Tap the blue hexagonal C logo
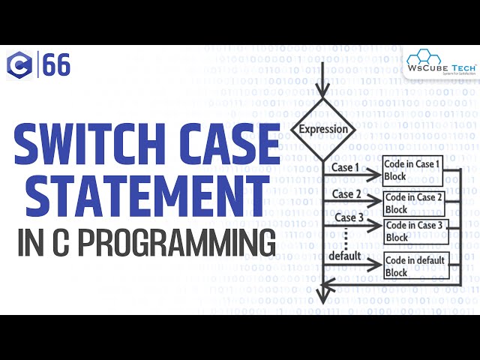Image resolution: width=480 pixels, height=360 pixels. coord(19,66)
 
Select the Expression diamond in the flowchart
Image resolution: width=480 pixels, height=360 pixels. coord(323,129)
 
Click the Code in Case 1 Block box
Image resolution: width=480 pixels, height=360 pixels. coord(412,169)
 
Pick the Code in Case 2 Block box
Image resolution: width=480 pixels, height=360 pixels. coord(414,202)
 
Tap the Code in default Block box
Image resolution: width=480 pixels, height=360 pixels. coord(415,266)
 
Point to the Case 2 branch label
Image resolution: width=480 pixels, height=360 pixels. coord(347,194)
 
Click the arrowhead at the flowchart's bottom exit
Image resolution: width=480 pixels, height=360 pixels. coord(322,296)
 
